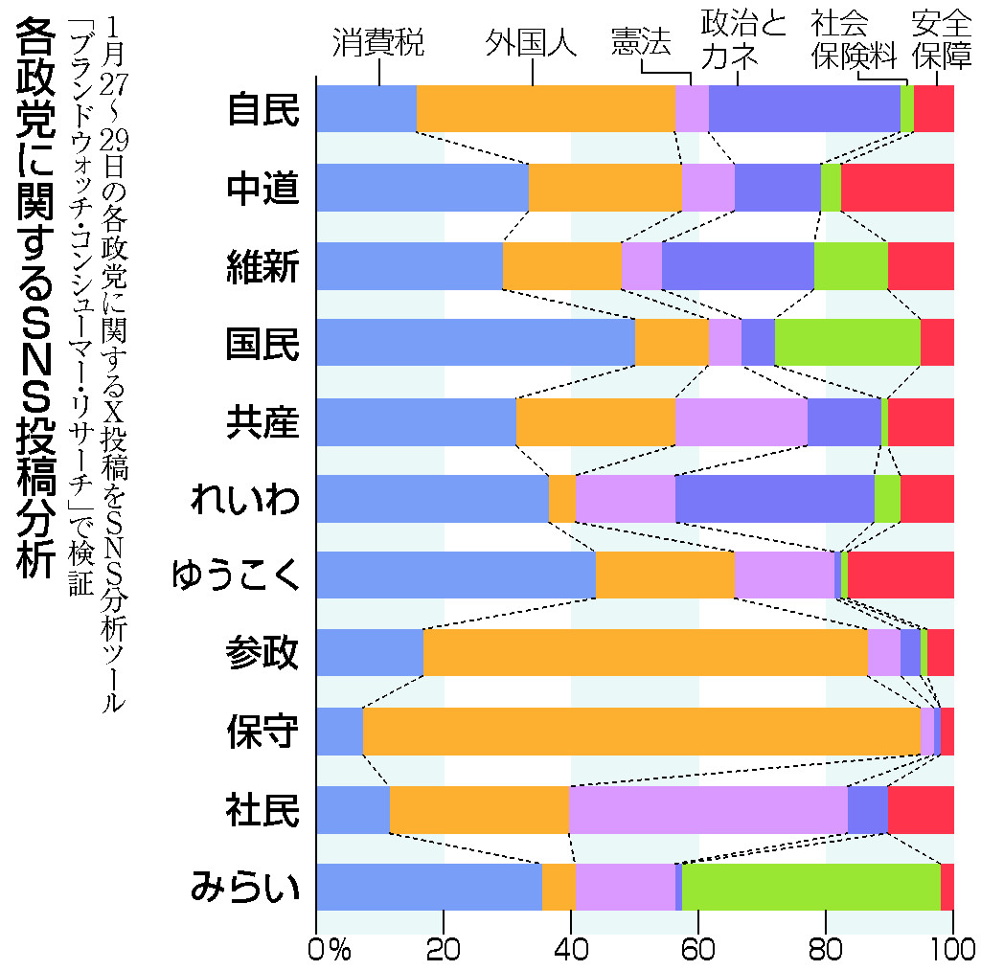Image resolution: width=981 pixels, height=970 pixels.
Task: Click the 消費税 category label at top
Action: coord(378,43)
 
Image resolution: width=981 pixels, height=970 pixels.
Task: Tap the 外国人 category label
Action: coord(531,43)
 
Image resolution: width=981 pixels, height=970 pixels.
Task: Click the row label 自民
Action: coord(262,108)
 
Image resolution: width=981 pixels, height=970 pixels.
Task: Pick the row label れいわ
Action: coord(245,498)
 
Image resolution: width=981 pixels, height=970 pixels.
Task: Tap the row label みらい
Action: coord(245,888)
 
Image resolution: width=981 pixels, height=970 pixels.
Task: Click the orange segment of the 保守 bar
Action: coord(641,732)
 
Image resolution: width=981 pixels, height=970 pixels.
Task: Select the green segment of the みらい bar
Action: coord(810,887)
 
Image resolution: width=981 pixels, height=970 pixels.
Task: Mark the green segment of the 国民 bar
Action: coord(847,342)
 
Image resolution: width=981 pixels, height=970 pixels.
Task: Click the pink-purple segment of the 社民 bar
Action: coord(708,809)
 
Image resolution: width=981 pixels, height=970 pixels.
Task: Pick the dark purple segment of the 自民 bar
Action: coord(804,108)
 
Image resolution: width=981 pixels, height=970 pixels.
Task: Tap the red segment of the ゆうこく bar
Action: coord(901,575)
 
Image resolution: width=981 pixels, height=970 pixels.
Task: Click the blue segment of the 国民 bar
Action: coord(475,342)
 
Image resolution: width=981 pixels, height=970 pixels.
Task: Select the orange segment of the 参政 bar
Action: coord(645,653)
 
